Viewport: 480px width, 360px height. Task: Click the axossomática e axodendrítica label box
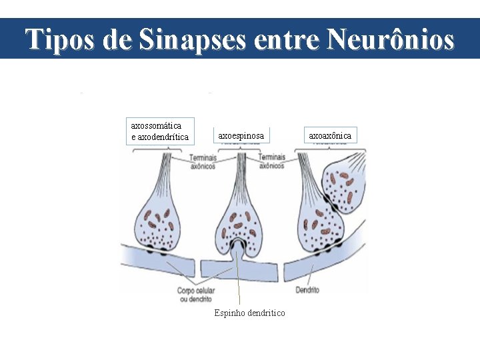[x=159, y=131]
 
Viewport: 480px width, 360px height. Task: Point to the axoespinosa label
[x=241, y=136]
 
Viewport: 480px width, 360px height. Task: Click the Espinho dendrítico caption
[x=249, y=313]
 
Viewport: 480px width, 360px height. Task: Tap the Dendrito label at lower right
[x=307, y=290]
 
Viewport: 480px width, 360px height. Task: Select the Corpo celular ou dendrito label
[x=195, y=295]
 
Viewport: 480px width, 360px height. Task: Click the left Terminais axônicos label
[x=202, y=162]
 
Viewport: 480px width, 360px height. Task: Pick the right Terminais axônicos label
[x=271, y=161]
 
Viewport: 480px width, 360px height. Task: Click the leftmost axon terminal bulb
[x=157, y=223]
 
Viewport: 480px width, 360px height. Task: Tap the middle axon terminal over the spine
[x=239, y=223]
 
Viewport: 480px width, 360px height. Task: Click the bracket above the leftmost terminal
[x=157, y=149]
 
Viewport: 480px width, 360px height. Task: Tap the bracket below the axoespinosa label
[x=239, y=149]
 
